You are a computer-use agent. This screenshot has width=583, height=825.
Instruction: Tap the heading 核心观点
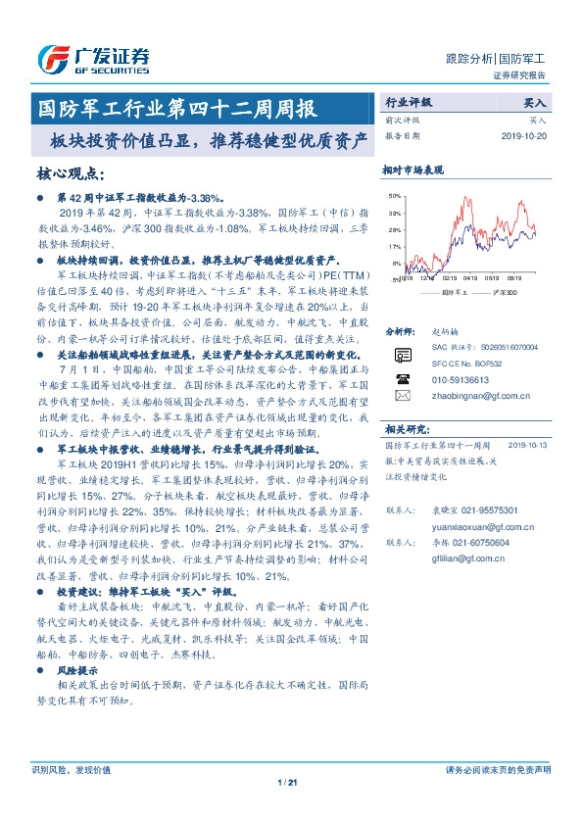70,173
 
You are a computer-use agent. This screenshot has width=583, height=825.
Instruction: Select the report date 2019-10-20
533,136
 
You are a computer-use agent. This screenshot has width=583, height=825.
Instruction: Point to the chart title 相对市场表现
413,170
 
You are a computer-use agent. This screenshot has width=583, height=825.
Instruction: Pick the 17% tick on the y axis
395,246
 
